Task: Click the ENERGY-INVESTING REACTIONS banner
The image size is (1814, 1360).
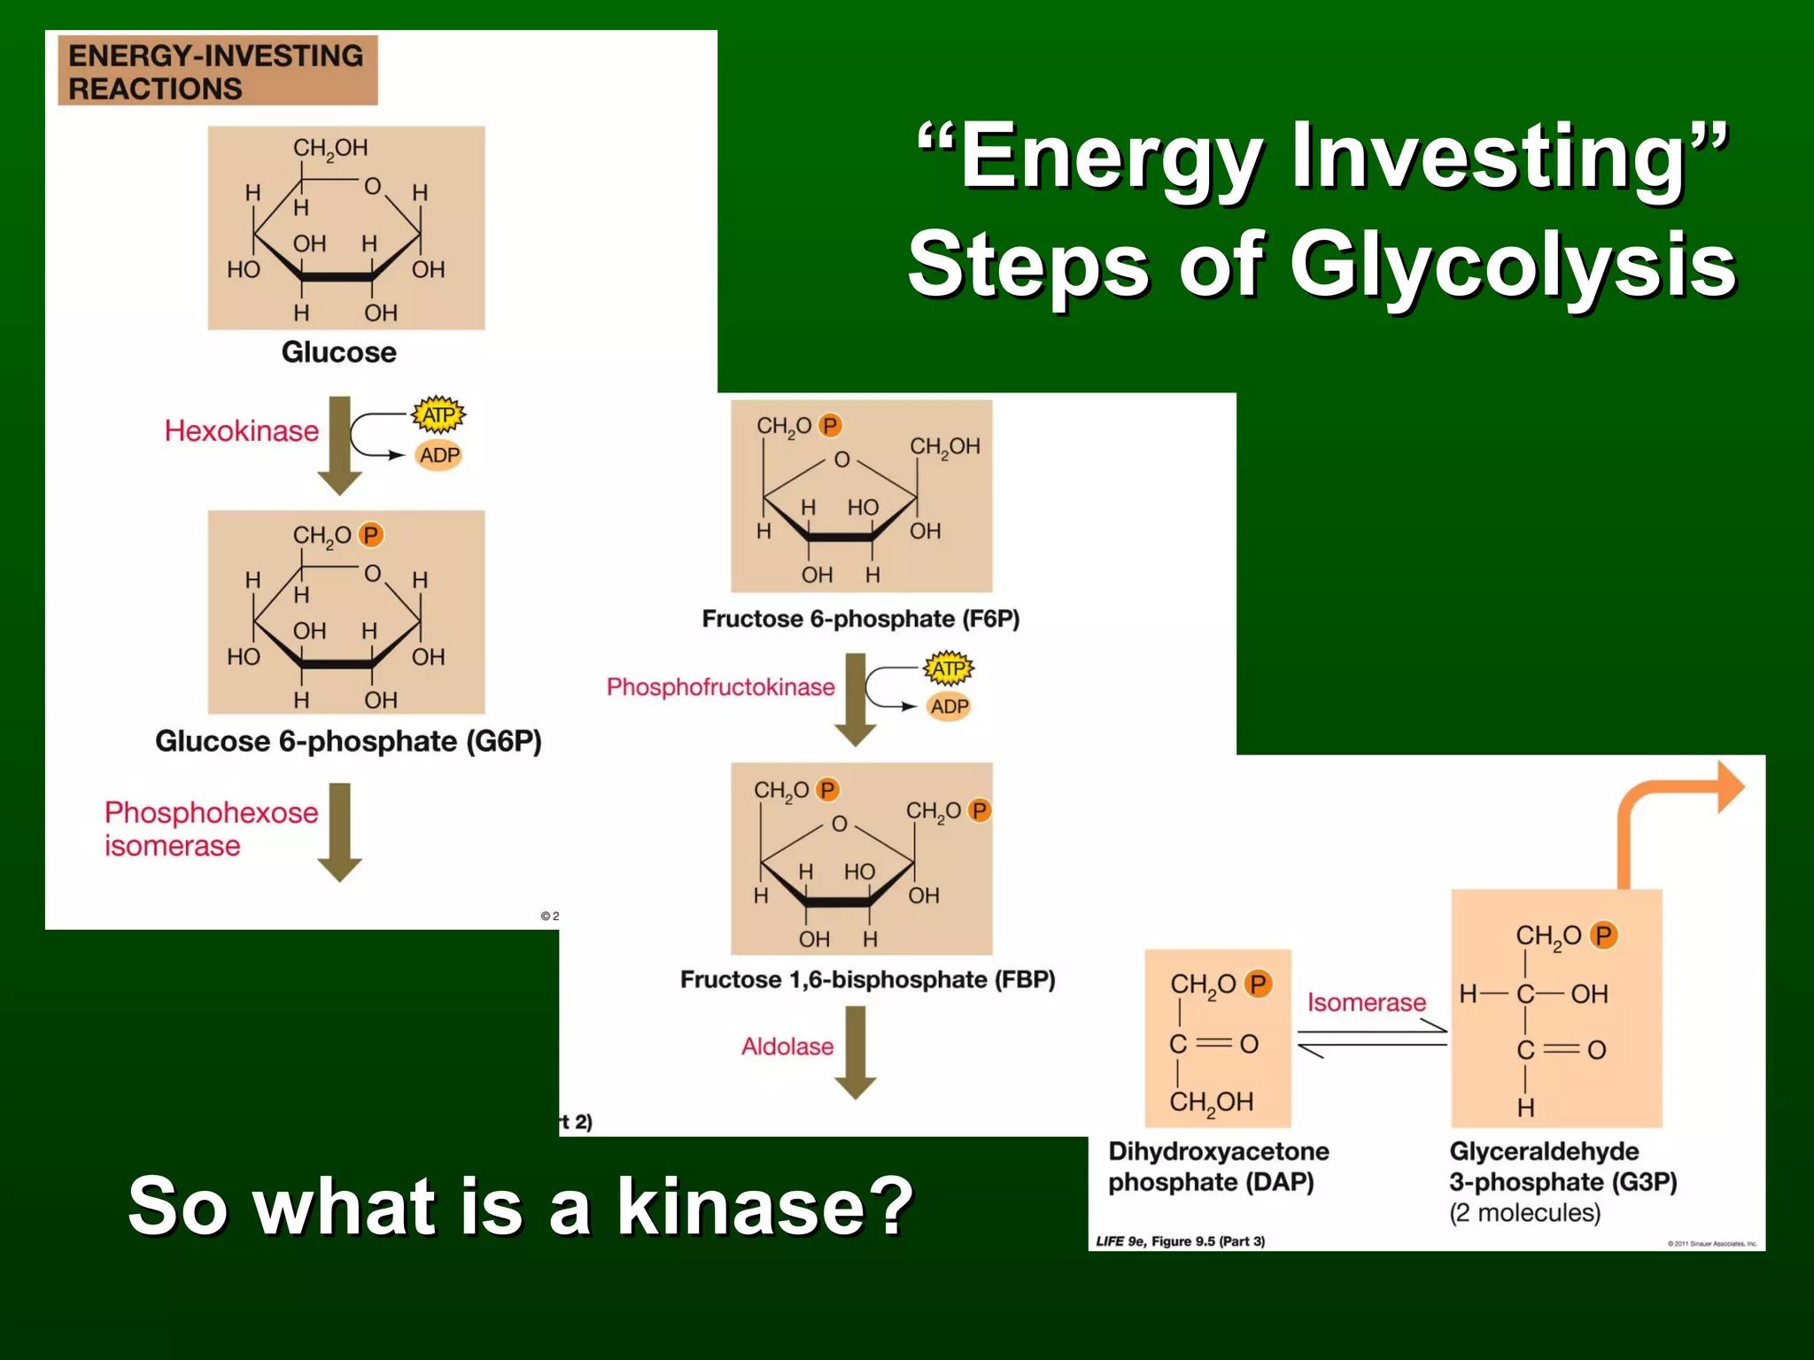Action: coord(217,71)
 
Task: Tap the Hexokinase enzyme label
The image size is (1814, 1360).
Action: coord(241,431)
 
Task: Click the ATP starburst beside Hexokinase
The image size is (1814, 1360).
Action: coord(438,414)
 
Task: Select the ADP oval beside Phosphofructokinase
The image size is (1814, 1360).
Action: coord(949,707)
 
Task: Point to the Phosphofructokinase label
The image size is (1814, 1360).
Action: coord(720,687)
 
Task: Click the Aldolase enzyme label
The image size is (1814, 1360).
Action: coord(787,1047)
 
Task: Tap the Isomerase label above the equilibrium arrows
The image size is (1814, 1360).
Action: coord(1367,1002)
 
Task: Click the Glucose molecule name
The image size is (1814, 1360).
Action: coord(338,352)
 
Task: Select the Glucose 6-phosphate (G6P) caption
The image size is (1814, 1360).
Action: coord(348,741)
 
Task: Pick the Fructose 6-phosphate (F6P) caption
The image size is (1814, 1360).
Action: coord(860,619)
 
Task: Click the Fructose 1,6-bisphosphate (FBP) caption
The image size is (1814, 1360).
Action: coord(867,979)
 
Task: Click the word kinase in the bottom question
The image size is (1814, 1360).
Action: coord(764,1206)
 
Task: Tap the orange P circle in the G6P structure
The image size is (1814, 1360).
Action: coord(370,535)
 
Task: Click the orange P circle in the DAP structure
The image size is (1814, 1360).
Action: coord(1258,984)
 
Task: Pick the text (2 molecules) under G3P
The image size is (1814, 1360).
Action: coord(1524,1212)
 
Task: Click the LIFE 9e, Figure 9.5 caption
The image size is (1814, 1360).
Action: coord(1180,1241)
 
